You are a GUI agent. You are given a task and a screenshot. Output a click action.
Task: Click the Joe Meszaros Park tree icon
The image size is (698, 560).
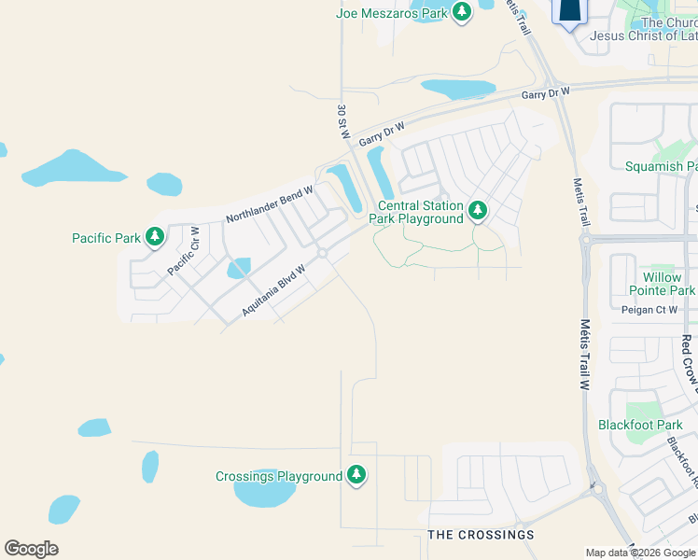click(461, 12)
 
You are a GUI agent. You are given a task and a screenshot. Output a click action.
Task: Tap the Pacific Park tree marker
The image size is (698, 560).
click(155, 238)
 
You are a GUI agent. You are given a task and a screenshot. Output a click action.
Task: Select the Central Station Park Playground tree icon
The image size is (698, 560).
click(478, 212)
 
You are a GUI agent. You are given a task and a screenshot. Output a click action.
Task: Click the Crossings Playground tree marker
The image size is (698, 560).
click(356, 476)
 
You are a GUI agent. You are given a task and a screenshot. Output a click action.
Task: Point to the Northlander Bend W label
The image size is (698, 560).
click(270, 203)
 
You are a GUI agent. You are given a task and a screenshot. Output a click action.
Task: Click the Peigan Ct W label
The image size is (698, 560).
click(648, 309)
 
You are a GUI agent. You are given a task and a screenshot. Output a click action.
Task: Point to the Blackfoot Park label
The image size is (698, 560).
click(641, 425)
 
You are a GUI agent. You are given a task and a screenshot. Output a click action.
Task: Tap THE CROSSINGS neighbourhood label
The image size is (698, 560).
click(481, 535)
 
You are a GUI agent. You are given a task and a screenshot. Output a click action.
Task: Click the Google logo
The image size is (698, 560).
click(30, 549)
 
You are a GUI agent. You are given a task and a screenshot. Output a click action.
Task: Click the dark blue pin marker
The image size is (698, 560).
click(570, 11)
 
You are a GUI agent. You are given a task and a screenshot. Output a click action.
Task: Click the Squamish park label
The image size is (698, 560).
click(661, 166)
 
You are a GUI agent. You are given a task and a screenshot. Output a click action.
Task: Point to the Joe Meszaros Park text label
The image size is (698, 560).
click(392, 13)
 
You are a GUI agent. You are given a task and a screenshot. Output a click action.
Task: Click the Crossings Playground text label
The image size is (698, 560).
click(279, 476)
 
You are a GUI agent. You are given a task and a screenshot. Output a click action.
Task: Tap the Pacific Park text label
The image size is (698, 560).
click(105, 238)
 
